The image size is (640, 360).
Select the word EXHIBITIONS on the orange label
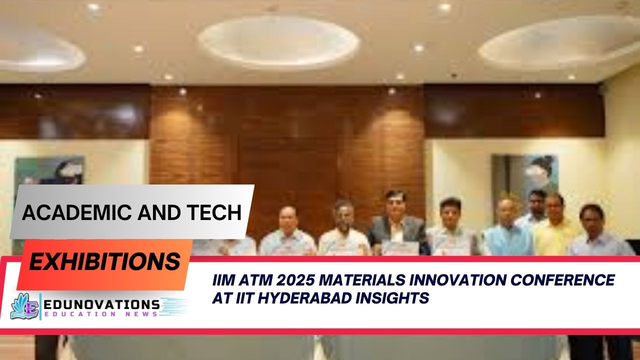pos(104,261)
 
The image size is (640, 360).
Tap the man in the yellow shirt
pos(555,225)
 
